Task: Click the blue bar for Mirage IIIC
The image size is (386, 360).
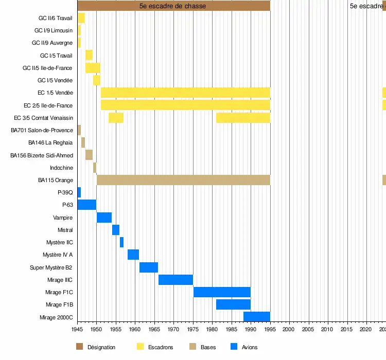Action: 176,280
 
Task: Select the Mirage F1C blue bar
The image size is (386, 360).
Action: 222,292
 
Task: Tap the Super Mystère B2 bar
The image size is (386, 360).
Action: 148,267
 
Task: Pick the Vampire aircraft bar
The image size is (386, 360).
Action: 104,218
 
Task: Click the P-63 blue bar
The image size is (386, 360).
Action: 86,205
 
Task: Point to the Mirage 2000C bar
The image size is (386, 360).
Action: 256,317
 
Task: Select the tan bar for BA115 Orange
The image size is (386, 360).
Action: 183,180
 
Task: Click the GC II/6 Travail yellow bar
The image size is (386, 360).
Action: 81,18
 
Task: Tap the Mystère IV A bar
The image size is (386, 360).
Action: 133,255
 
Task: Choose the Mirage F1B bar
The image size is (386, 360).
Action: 233,304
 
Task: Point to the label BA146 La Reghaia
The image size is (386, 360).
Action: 50,142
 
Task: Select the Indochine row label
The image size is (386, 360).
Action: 61,168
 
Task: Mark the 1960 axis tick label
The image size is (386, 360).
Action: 135,329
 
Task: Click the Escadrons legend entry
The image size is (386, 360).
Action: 161,348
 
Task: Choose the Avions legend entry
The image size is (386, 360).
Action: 250,348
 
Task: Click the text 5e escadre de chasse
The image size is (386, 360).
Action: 172,6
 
